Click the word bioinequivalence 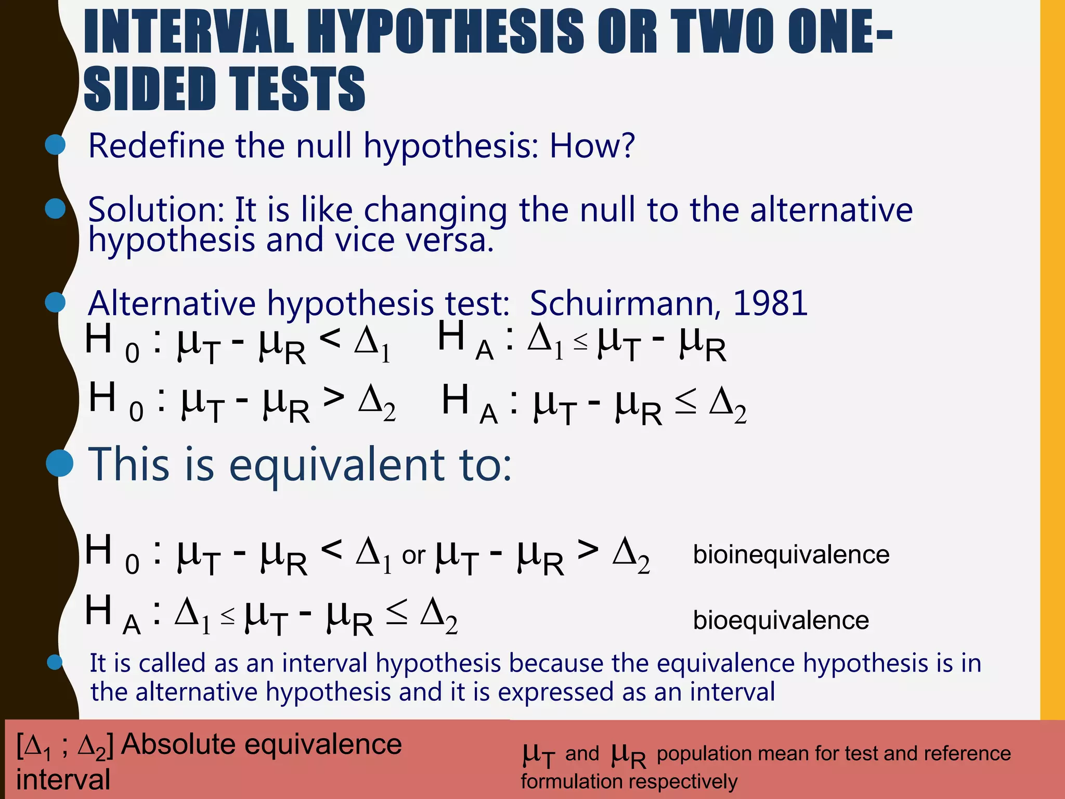791,555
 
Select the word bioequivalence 781,620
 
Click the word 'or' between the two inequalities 413,556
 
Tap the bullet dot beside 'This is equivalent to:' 60,462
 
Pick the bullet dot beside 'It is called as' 55,662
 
